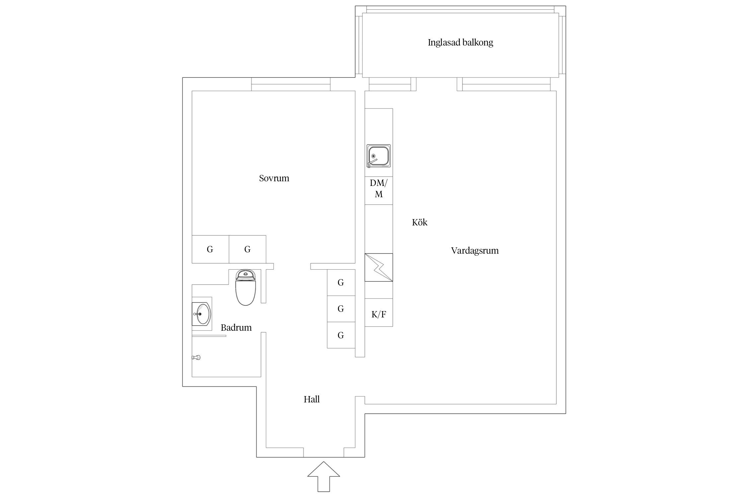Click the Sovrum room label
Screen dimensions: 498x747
click(274, 178)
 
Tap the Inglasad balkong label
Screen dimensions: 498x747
click(460, 42)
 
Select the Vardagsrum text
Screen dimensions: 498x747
click(474, 251)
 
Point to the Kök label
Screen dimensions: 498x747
click(419, 222)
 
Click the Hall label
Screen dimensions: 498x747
click(311, 399)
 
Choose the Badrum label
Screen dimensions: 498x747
click(236, 328)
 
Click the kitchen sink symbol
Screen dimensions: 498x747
click(378, 156)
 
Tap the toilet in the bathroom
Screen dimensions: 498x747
click(245, 288)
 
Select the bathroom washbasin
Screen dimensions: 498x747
click(201, 314)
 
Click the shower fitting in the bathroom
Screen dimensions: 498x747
click(196, 358)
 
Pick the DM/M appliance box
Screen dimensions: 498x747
click(378, 188)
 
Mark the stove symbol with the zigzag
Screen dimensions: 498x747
click(378, 268)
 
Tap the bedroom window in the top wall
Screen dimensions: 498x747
click(290, 84)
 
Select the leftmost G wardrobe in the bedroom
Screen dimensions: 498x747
click(210, 249)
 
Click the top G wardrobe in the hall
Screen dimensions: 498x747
click(341, 283)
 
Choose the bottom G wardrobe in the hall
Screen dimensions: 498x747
click(341, 335)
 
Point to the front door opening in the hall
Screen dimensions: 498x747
click(323, 452)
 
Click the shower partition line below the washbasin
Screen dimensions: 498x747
click(209, 336)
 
